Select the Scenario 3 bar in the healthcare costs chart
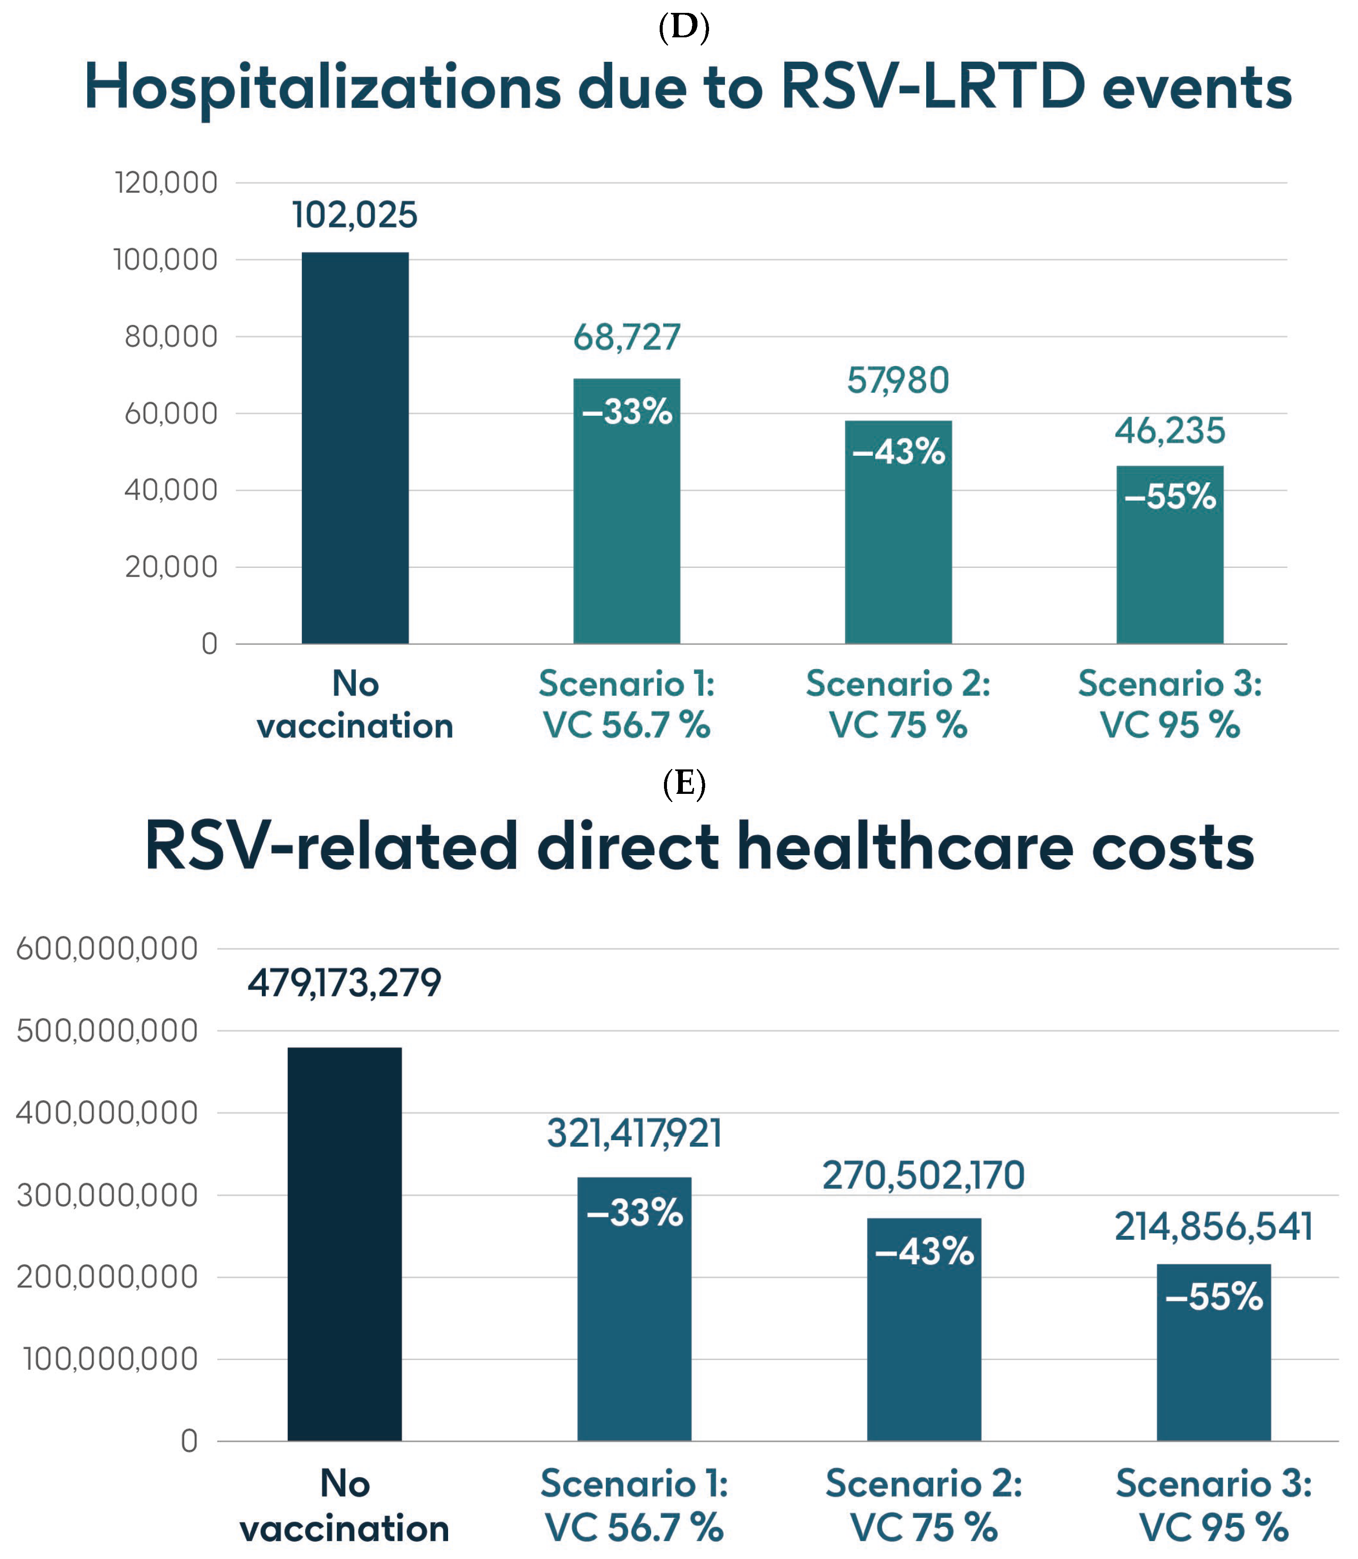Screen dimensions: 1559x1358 click(x=1213, y=1364)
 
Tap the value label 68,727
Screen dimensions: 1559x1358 click(x=627, y=337)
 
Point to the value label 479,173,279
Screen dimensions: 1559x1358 click(x=344, y=983)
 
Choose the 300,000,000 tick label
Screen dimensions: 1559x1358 click(x=107, y=1196)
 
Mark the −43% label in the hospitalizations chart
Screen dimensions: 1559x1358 click(x=898, y=451)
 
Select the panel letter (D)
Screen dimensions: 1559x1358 click(x=684, y=27)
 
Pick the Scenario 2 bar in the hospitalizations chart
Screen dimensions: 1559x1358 click(x=898, y=545)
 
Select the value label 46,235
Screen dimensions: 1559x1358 click(x=1169, y=431)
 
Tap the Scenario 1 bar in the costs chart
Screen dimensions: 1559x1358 click(x=634, y=1318)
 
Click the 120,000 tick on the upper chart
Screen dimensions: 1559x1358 click(x=166, y=182)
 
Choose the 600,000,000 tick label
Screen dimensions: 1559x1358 click(x=107, y=948)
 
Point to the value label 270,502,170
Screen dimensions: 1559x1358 click(x=923, y=1176)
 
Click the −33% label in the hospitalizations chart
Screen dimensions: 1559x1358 click(x=627, y=412)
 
